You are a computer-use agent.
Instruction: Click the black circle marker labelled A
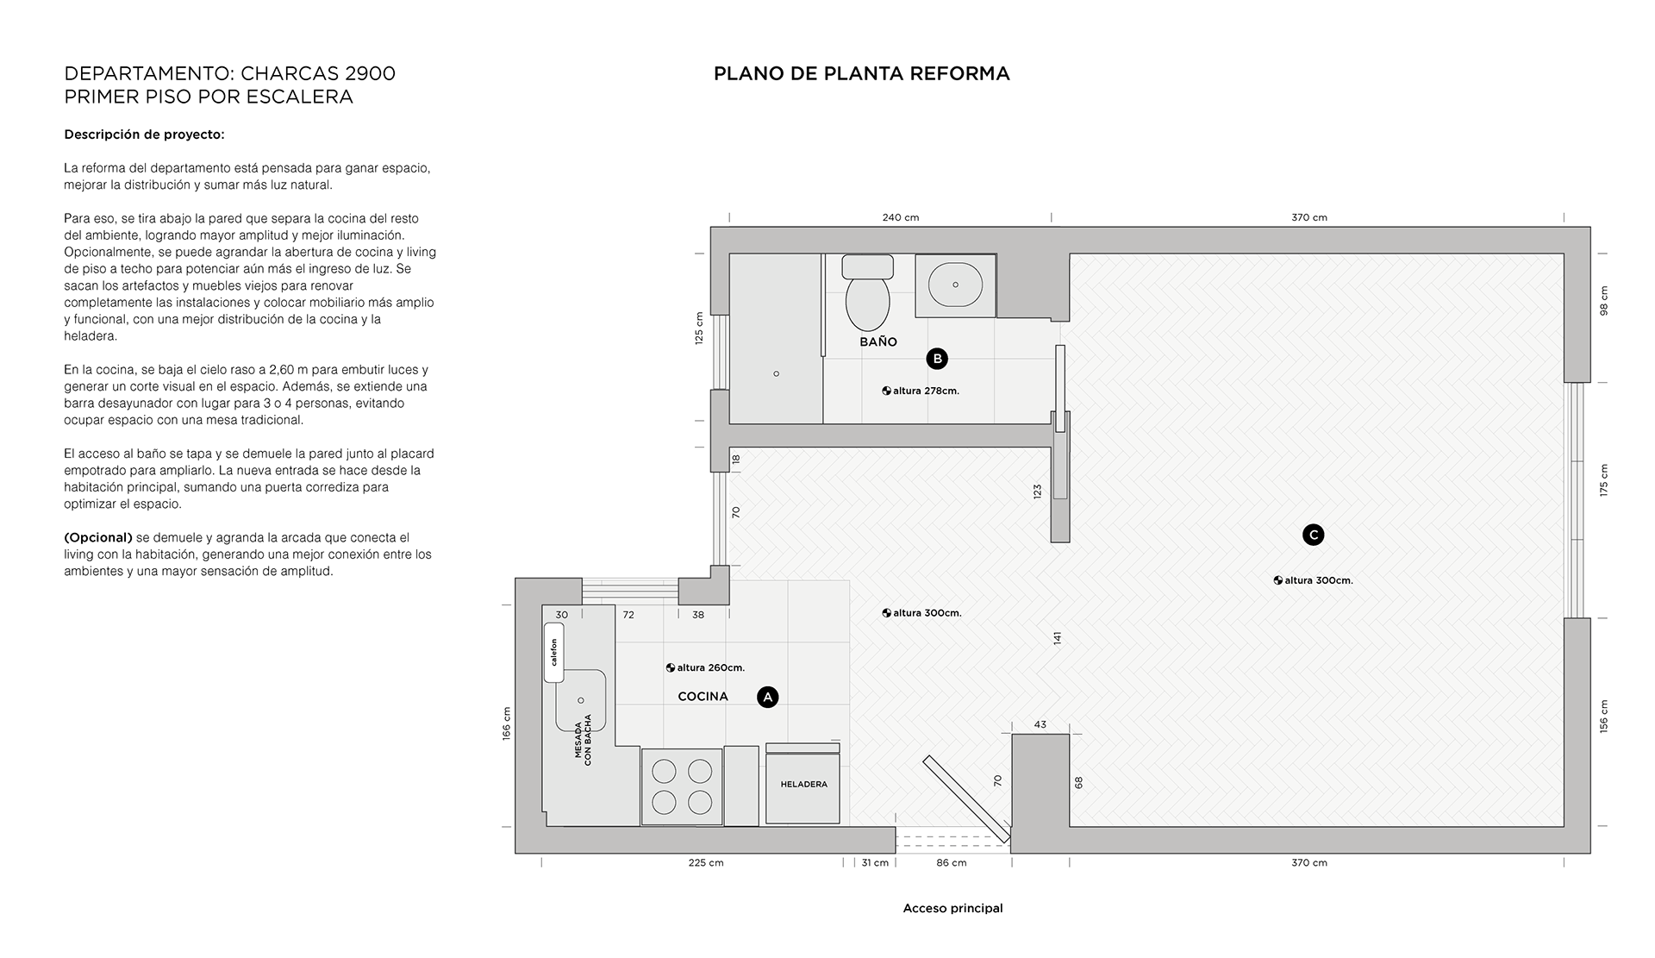(x=767, y=697)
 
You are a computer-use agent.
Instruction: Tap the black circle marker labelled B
(x=937, y=359)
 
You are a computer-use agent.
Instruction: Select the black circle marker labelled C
(x=1313, y=535)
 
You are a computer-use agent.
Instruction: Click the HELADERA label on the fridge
(x=803, y=785)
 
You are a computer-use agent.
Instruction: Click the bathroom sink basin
(x=955, y=284)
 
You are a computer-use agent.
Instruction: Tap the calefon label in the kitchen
(x=554, y=653)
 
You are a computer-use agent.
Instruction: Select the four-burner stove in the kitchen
(x=681, y=786)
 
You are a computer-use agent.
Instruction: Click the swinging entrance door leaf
(x=965, y=798)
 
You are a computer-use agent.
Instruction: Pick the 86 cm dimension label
(x=951, y=863)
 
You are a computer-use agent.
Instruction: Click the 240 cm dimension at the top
(x=900, y=217)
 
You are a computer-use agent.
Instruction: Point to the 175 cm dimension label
(x=1604, y=479)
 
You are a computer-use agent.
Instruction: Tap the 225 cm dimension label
(x=705, y=863)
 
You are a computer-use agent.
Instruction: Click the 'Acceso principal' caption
(x=952, y=908)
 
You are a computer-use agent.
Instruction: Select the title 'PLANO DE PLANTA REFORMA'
(x=861, y=74)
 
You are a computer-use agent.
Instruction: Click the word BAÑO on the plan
(x=878, y=342)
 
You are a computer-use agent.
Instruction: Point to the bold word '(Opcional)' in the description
(x=98, y=537)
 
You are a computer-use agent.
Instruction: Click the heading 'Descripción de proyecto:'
(x=144, y=135)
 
